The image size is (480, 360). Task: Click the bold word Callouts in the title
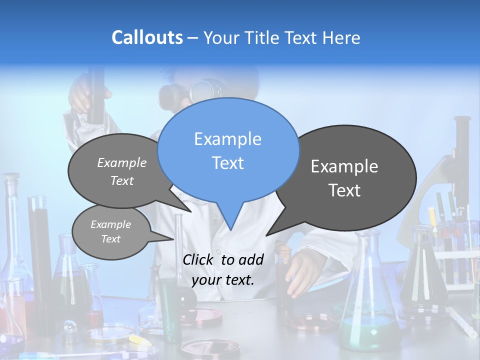click(x=147, y=37)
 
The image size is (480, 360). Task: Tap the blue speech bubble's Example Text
click(x=228, y=150)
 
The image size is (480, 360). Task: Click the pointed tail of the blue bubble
click(x=229, y=220)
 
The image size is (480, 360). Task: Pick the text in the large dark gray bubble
click(x=344, y=178)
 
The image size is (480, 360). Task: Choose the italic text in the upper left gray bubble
click(x=122, y=171)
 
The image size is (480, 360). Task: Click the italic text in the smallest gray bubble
click(x=110, y=231)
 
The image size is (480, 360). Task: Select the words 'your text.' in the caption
click(x=223, y=280)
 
